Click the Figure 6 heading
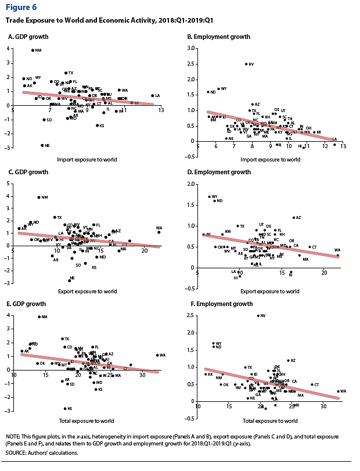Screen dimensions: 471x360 coord(21,8)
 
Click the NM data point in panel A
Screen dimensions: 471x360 coord(33,51)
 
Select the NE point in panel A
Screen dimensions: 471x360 coord(42,145)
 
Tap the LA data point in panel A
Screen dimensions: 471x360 coord(152,96)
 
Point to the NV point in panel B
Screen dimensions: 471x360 coord(246,64)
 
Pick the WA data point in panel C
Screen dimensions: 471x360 coord(159,232)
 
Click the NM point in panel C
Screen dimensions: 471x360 coord(38,197)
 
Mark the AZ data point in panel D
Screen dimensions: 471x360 coord(294,218)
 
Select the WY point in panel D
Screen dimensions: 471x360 coord(210,196)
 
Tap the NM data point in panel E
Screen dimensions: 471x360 coord(38,317)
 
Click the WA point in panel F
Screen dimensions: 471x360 coord(338,391)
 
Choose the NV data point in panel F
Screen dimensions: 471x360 coord(258,316)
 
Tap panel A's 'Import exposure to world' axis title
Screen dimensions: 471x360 coord(85,159)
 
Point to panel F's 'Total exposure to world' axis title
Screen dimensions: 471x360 coord(269,420)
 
